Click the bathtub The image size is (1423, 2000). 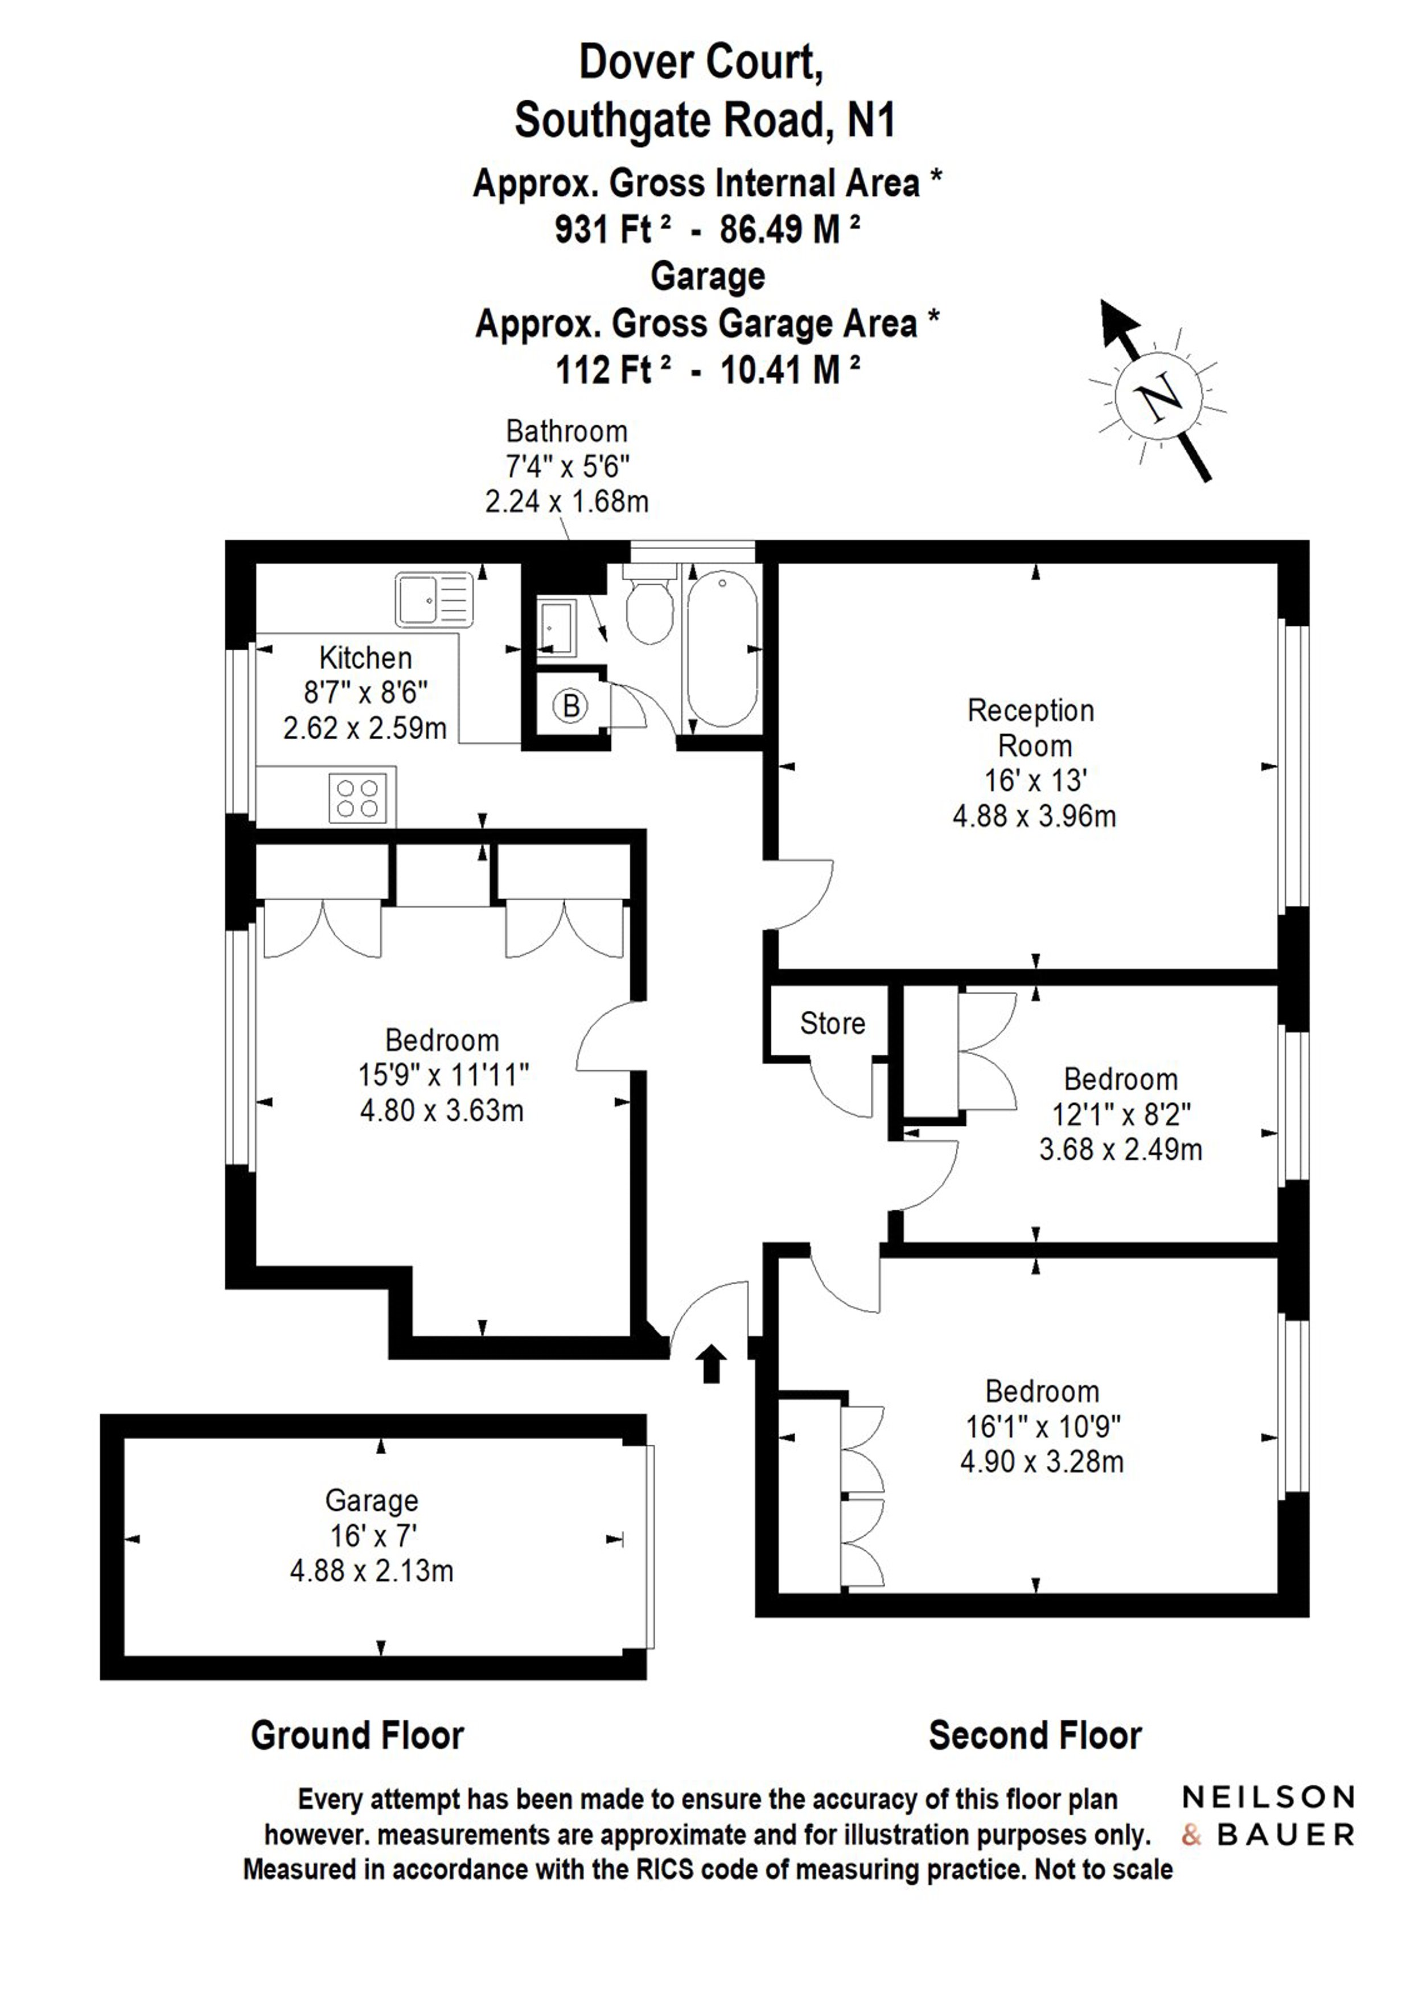(x=723, y=649)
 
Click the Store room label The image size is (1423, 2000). (x=832, y=1024)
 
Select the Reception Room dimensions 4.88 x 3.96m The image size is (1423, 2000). (x=1034, y=817)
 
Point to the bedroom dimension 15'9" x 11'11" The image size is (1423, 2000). (x=443, y=1075)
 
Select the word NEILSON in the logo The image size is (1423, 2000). (x=1268, y=1798)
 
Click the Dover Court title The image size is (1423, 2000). (x=701, y=62)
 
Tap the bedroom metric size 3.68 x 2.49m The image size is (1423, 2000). (x=1121, y=1150)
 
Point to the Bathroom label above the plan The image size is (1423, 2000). (x=567, y=431)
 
